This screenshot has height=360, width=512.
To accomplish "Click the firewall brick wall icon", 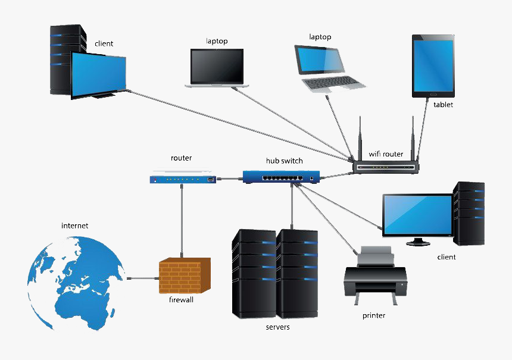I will point(185,276).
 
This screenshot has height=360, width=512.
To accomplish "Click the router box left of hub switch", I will point(182,178).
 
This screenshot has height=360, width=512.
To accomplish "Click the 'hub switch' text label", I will point(284,161).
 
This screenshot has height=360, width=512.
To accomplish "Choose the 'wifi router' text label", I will point(386,154).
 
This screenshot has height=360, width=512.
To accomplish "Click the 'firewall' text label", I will point(181,300).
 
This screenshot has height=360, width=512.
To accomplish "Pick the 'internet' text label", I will point(74,226).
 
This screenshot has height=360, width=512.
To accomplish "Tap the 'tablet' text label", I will point(443,105).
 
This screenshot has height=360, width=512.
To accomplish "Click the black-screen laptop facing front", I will point(217,67).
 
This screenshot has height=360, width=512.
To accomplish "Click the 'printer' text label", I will point(373,315).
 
